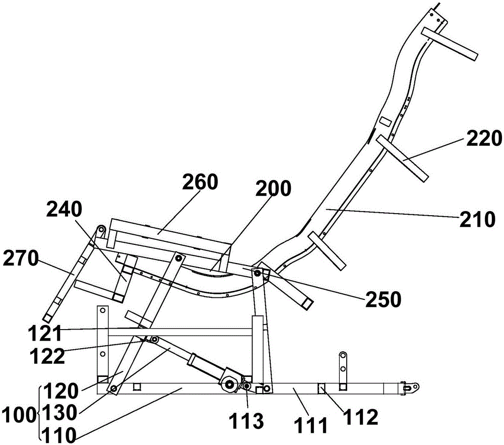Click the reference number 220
484,139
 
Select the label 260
200,181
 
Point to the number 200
273,188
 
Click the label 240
65,210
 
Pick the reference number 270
21,259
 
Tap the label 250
383,299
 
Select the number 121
45,334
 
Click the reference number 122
47,356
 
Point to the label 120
61,391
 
